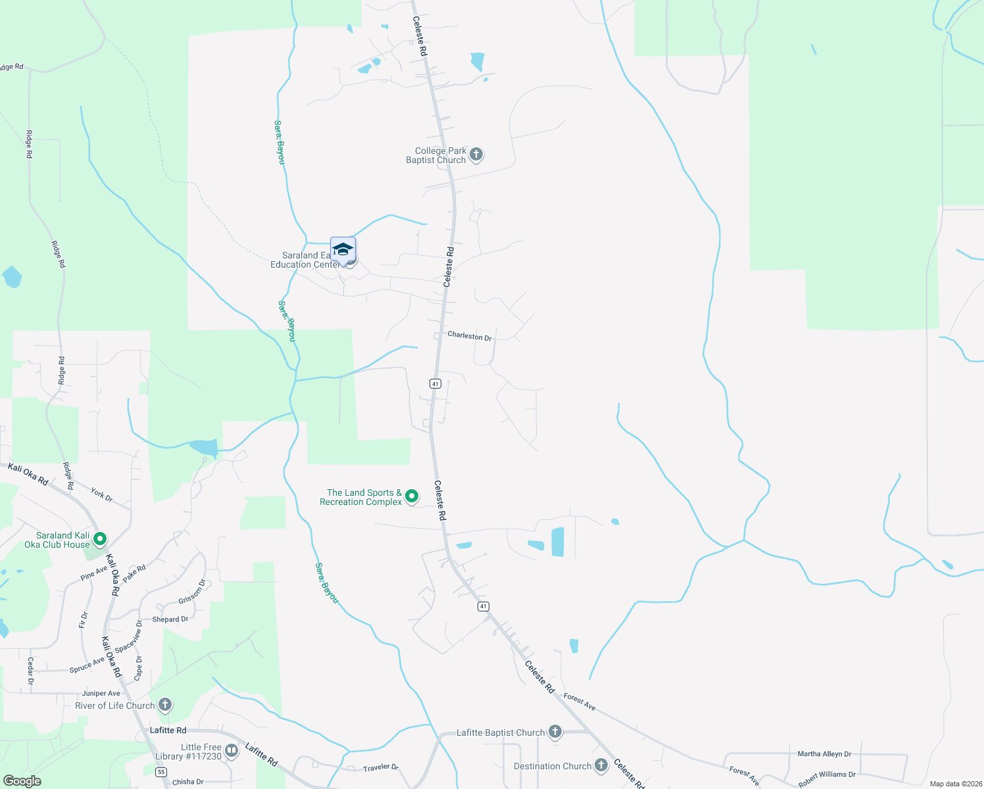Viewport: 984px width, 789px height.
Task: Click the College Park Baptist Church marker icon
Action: (476, 155)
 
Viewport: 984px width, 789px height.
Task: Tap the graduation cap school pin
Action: (343, 250)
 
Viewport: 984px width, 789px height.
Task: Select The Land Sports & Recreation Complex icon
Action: (412, 496)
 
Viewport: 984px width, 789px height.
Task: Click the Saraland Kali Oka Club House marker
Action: (100, 539)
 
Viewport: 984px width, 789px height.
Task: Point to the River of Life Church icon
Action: (165, 705)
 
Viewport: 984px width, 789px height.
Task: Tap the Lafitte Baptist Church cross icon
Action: (555, 732)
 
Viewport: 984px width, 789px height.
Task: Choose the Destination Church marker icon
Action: (601, 765)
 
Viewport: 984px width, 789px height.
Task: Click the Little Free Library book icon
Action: (232, 750)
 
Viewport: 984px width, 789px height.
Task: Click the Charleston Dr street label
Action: (470, 336)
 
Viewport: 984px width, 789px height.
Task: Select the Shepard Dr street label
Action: (170, 619)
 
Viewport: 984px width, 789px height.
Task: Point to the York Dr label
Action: (102, 495)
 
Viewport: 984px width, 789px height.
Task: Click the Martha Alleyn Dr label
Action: (824, 754)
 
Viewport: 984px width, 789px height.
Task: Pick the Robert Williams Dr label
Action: (827, 779)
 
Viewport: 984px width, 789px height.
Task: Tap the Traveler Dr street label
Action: (381, 767)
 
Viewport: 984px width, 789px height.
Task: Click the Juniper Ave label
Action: (101, 693)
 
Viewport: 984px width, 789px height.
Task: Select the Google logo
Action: (22, 781)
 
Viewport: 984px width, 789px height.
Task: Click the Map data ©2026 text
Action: (954, 784)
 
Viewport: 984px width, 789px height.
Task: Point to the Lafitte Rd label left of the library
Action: (168, 730)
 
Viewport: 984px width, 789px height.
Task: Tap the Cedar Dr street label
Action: (30, 670)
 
